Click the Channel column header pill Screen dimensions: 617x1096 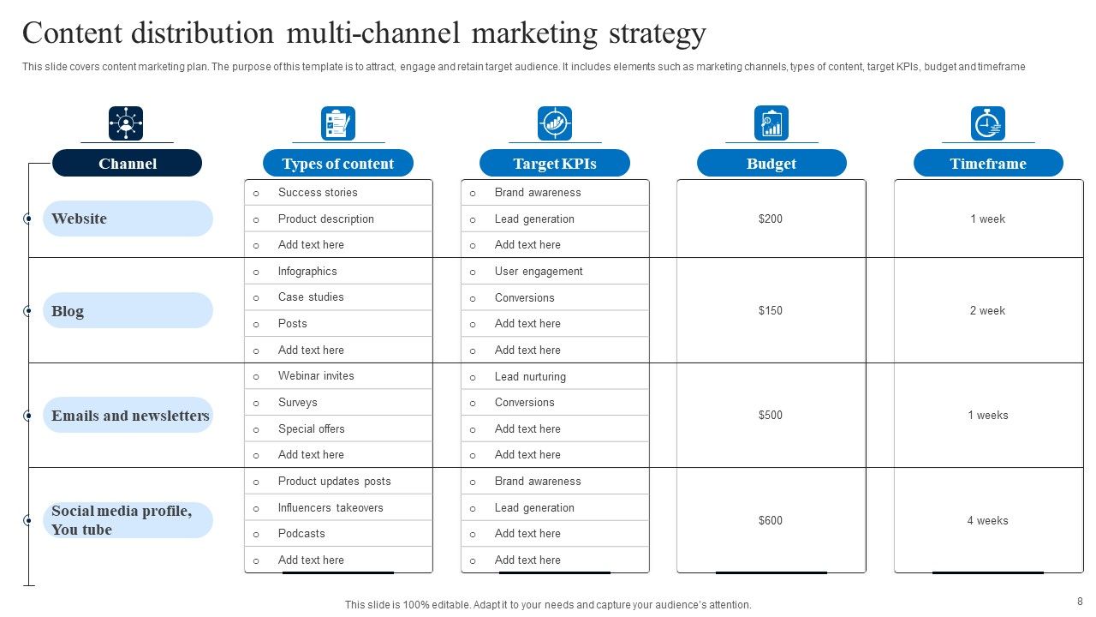127,164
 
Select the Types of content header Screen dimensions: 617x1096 337,164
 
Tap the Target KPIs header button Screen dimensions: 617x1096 554,164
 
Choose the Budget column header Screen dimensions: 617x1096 771,164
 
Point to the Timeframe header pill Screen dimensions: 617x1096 988,164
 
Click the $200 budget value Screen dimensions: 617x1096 771,219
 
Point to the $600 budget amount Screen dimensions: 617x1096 771,520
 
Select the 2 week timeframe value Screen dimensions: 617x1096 987,310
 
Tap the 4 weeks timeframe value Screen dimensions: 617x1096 987,520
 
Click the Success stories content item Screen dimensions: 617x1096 318,192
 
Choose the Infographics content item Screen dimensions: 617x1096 307,271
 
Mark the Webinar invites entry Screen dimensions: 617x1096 316,375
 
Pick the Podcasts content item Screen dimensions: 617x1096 301,533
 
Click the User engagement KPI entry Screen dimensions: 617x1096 539,271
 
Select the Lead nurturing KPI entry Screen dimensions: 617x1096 530,376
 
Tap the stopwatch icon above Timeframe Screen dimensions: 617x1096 988,123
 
